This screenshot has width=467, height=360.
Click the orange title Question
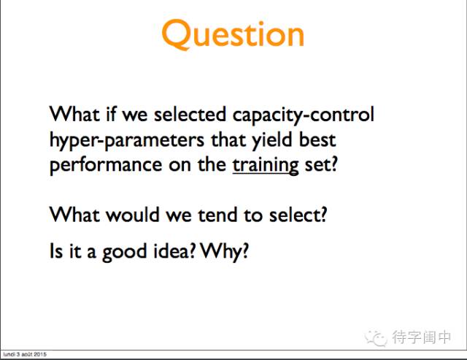233,34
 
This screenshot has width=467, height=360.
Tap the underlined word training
266,166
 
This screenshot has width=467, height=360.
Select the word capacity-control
303,115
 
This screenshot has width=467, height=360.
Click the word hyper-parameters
127,140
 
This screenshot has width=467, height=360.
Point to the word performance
106,166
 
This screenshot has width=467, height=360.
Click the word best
317,139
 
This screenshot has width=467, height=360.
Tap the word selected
190,115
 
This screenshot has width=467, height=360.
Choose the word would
133,215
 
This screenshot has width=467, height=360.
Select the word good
125,252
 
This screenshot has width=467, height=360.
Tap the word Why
224,252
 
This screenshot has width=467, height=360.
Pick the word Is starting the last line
56,250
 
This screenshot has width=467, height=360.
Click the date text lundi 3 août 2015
25,354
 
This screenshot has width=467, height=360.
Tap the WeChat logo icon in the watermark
376,338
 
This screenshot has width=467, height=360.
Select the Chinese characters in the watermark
421,337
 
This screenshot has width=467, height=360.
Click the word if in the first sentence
111,114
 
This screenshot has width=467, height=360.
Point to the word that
228,139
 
